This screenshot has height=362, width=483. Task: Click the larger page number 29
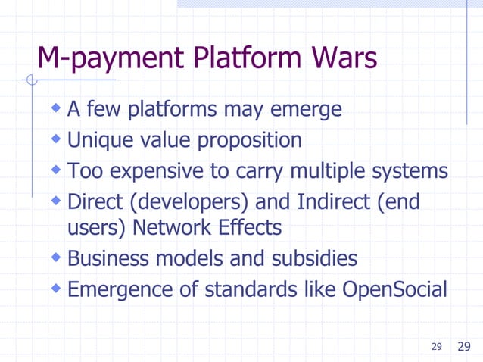[x=464, y=347]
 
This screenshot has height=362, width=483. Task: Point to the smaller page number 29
[x=436, y=347]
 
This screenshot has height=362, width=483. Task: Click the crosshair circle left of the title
[x=30, y=80]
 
